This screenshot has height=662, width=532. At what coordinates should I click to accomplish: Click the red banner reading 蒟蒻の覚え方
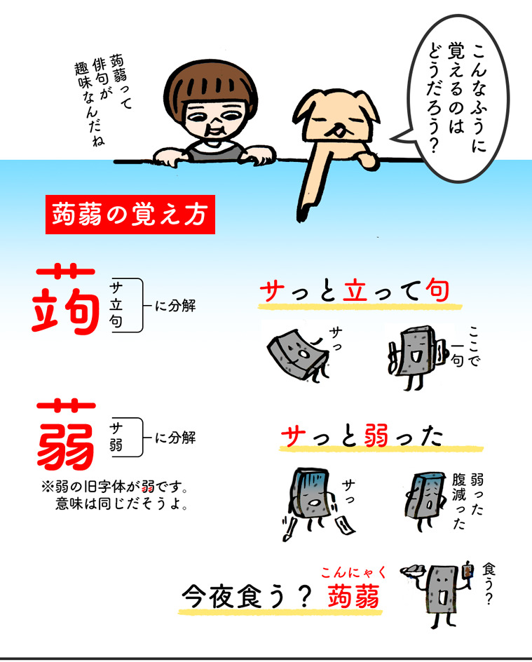click(130, 215)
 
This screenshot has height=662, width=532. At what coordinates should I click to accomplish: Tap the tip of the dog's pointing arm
click(301, 218)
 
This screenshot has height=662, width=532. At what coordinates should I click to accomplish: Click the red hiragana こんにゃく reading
click(353, 573)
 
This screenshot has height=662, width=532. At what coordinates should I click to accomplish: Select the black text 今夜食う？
click(246, 597)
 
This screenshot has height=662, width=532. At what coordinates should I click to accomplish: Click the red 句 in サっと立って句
click(437, 290)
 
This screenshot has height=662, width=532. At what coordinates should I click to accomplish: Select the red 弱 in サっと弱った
click(376, 435)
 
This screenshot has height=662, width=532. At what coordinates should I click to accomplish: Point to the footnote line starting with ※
click(114, 487)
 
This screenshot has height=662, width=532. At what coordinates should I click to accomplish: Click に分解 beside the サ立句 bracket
click(175, 305)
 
